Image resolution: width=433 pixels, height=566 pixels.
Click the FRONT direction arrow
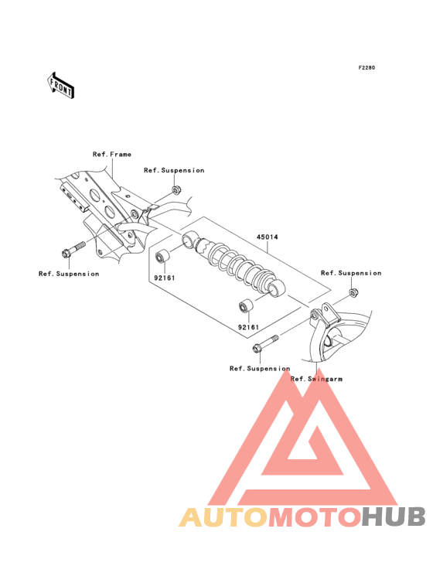(x=60, y=86)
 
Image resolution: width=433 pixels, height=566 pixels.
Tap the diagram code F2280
(x=367, y=67)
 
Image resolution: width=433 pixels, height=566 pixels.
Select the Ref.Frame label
(x=112, y=154)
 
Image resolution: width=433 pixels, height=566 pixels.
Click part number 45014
(x=268, y=237)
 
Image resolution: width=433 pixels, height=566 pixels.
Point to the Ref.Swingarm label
(x=316, y=379)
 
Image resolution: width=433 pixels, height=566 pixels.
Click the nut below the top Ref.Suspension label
(x=176, y=189)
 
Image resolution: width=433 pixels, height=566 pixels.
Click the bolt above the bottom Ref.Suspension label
(x=266, y=343)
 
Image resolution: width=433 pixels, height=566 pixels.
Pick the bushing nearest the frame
(x=162, y=256)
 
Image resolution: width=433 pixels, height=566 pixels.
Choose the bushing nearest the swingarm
(x=247, y=306)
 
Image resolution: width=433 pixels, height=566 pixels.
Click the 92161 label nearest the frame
(x=165, y=278)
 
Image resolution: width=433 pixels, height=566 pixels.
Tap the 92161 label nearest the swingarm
(x=249, y=327)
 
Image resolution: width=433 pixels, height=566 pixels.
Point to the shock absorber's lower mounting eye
(x=276, y=288)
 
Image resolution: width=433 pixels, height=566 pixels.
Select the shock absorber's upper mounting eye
(x=190, y=240)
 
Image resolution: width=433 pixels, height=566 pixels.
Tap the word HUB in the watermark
(x=394, y=517)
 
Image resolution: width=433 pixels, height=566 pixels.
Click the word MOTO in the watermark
(x=315, y=517)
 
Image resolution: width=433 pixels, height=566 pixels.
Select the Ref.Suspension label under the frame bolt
(x=69, y=274)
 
